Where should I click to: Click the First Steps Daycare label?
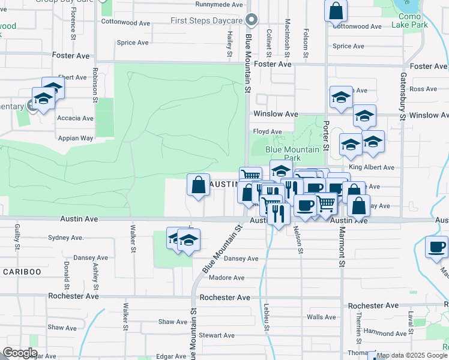205,21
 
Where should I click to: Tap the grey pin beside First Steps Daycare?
253,21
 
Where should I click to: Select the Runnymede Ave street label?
218,4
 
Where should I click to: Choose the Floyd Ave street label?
267,131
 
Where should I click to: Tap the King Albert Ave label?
371,167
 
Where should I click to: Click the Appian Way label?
76,138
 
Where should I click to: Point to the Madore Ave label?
226,278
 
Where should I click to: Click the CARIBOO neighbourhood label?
22,272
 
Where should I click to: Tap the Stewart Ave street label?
217,335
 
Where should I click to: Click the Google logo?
20,353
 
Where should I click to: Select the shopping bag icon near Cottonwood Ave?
336,11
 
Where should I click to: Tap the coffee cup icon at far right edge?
436,247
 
